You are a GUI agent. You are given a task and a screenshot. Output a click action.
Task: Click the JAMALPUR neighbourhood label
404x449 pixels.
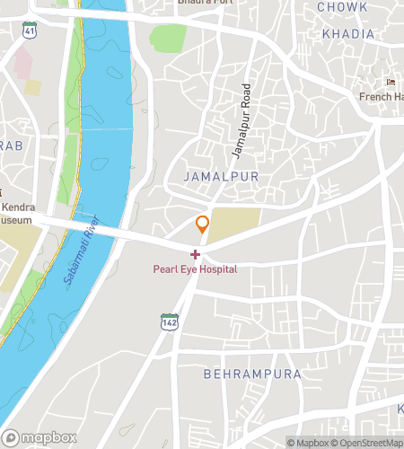220,177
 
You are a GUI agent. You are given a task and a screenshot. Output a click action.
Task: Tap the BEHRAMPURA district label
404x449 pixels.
250,373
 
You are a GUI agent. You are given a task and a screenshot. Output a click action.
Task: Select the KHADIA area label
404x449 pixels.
347,34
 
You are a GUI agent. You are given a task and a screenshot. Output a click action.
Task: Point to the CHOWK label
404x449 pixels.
342,7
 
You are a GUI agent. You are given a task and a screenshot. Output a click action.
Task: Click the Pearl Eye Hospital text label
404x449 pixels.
195,269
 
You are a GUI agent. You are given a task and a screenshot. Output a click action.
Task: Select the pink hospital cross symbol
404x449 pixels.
196,255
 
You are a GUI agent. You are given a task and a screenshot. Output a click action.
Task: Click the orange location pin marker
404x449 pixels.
203,224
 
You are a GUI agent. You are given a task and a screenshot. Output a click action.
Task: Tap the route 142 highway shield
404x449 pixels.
169,321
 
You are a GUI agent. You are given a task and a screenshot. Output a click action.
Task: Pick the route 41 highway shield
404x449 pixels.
30,31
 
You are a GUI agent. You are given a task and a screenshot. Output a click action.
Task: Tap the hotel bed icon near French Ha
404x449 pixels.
390,84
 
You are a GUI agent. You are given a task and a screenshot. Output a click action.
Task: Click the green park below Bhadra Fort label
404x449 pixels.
168,38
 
